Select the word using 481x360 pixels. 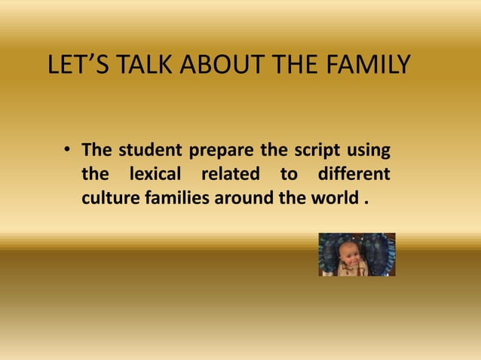pos(368,149)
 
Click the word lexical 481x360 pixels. pos(155,175)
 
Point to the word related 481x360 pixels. pos(230,175)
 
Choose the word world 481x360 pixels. pos(330,200)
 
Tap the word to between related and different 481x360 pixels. pos(289,175)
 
